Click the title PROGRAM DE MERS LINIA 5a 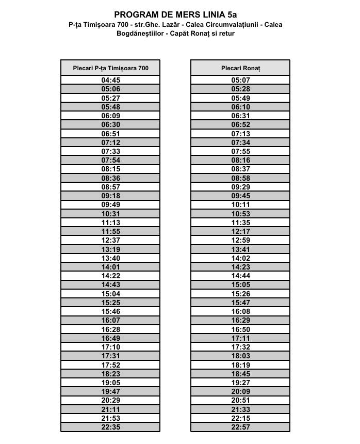175,15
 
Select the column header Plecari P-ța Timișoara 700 110,68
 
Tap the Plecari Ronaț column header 240,68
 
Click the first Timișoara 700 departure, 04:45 110,80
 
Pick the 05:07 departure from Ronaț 240,80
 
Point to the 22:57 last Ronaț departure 240,427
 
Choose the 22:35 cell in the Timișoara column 110,427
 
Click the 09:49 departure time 110,204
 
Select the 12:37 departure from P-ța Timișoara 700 110,240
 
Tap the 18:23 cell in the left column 110,374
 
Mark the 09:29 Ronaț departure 240,187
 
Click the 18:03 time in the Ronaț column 240,356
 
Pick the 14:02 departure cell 240,258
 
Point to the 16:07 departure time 110,321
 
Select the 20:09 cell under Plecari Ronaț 240,391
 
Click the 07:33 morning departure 110,151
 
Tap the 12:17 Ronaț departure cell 240,231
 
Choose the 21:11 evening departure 110,409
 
